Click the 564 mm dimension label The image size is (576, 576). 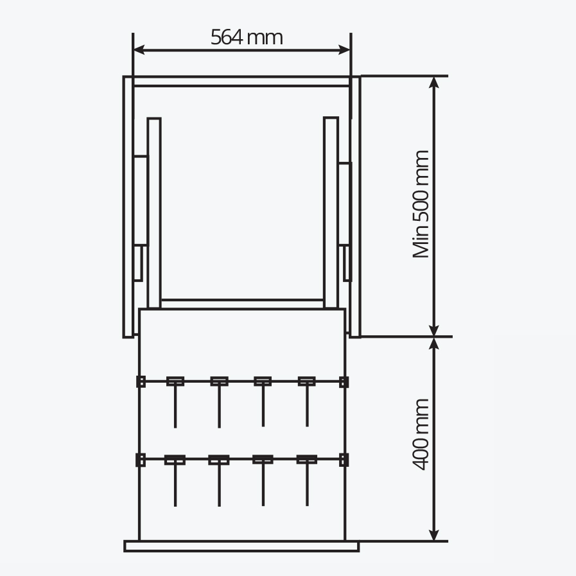pyautogui.click(x=247, y=37)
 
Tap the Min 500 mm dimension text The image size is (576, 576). pyautogui.click(x=421, y=204)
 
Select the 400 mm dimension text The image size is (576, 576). pyautogui.click(x=421, y=435)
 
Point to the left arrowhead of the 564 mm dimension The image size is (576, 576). pyautogui.click(x=139, y=50)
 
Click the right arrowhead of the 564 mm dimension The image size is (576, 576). pyautogui.click(x=345, y=50)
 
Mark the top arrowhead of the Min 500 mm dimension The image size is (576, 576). pyautogui.click(x=435, y=82)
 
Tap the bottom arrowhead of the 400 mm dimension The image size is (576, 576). pyautogui.click(x=435, y=535)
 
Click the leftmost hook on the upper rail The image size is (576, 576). pyautogui.click(x=175, y=402)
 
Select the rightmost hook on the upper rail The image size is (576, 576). pyautogui.click(x=307, y=401)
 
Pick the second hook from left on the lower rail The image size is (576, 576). pyautogui.click(x=219, y=480)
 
